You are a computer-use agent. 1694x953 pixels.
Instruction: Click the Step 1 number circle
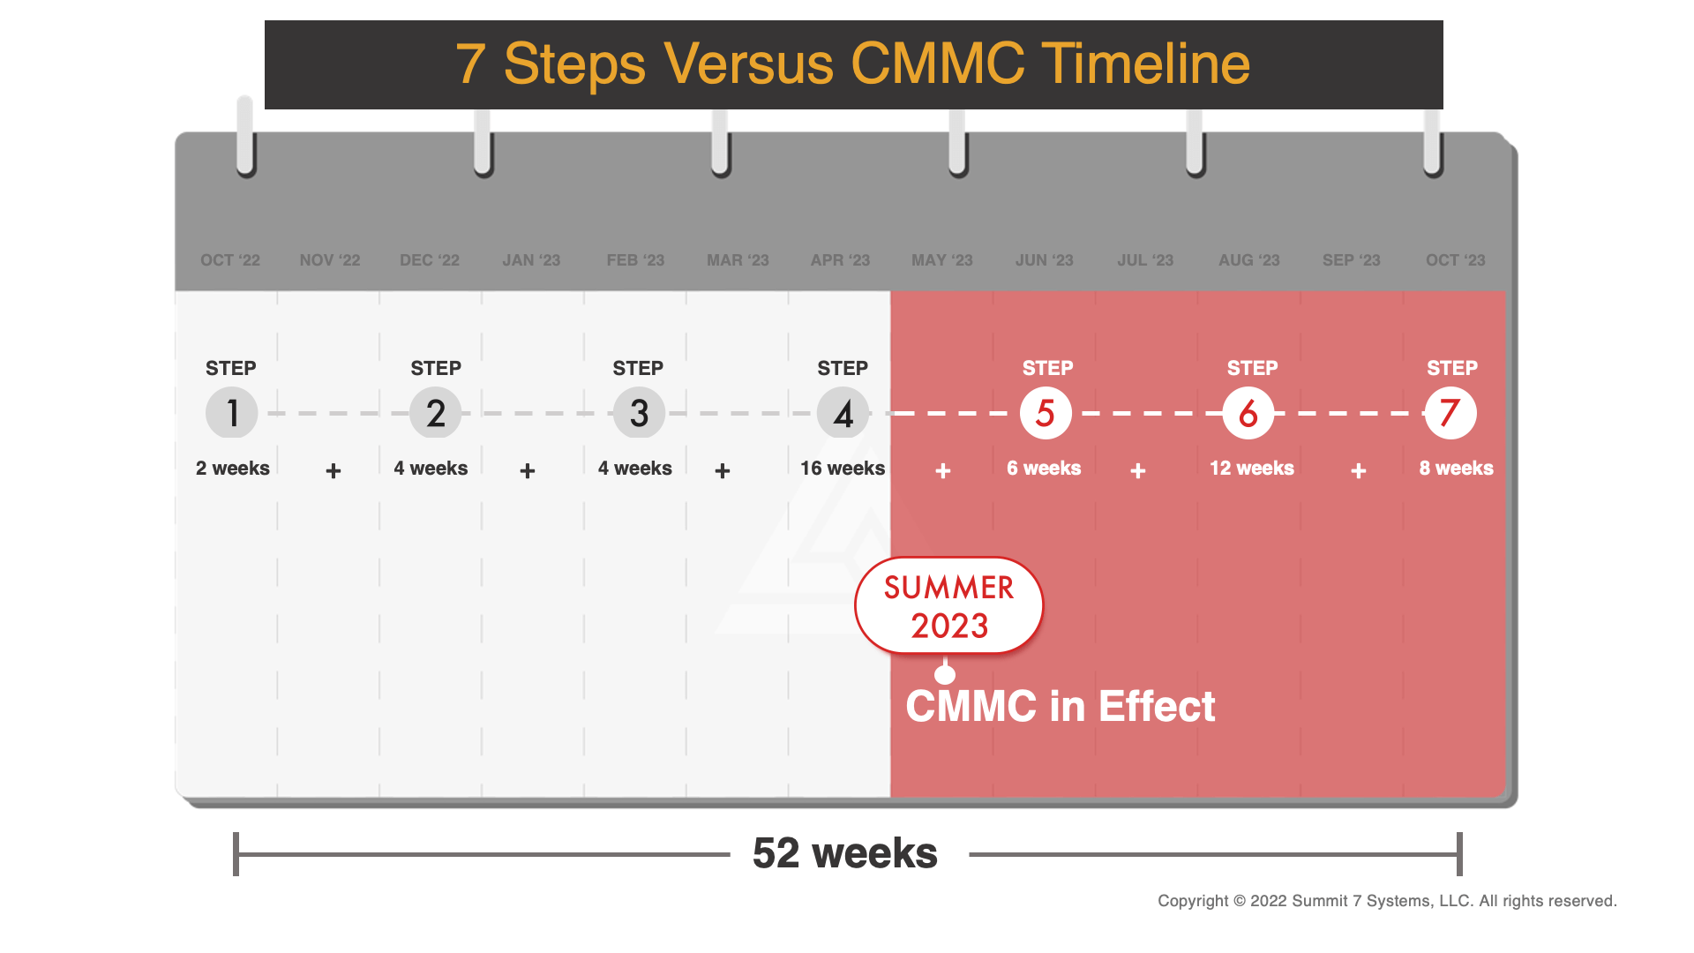click(231, 413)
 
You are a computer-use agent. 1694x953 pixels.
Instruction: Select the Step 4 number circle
click(843, 413)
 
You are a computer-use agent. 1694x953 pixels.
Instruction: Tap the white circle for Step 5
click(1046, 413)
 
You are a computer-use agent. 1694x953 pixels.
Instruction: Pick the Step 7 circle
click(1450, 413)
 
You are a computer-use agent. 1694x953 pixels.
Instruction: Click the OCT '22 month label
click(230, 260)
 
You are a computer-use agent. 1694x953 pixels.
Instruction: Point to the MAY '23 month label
click(941, 260)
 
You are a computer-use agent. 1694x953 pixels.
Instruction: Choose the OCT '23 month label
click(1455, 260)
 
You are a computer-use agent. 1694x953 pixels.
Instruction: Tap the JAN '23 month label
click(531, 260)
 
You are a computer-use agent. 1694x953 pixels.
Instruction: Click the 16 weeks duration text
click(842, 469)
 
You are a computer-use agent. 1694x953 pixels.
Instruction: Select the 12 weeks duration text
click(1251, 469)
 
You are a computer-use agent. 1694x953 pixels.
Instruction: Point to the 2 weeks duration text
click(233, 469)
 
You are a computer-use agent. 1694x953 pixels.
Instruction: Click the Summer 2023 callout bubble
click(949, 606)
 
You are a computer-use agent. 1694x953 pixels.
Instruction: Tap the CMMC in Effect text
click(1061, 707)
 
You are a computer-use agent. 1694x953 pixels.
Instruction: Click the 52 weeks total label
click(845, 853)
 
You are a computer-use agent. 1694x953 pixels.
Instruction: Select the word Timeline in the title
click(1145, 64)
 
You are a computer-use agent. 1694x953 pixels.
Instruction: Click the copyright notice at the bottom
click(1387, 901)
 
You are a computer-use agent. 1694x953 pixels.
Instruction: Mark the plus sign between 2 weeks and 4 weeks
click(334, 471)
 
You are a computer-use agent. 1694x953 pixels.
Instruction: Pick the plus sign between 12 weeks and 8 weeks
click(1359, 471)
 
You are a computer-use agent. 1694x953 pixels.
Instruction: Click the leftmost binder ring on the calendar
click(245, 137)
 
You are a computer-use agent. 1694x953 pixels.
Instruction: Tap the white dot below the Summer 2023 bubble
click(945, 675)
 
